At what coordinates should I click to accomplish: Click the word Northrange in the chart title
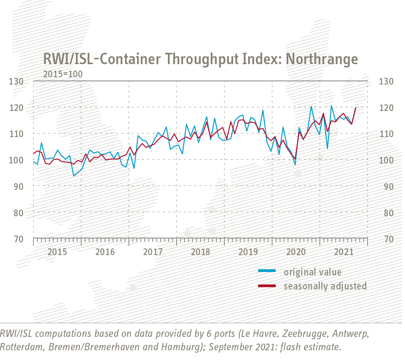click(322, 59)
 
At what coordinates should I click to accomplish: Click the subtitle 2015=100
click(63, 74)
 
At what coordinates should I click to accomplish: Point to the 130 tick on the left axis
click(16, 81)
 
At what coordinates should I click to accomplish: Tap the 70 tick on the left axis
click(18, 239)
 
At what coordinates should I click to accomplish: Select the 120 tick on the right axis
click(386, 108)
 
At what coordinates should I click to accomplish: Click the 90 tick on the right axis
click(386, 187)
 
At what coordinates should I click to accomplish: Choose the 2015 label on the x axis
click(57, 252)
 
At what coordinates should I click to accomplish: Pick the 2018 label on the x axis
click(200, 252)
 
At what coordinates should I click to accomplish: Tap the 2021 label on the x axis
click(344, 252)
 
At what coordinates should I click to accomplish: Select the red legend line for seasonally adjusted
click(267, 286)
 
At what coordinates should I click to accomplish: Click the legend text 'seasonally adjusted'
click(325, 286)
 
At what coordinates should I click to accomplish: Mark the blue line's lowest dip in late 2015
click(74, 176)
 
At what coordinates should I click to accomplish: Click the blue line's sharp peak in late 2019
click(263, 110)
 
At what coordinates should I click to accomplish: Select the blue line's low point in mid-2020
click(295, 165)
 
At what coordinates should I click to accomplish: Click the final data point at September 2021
click(355, 108)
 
